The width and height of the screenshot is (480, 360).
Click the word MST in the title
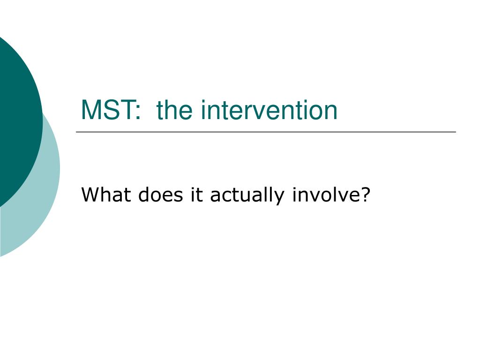pyautogui.click(x=107, y=111)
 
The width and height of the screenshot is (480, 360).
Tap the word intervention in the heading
pyautogui.click(x=269, y=111)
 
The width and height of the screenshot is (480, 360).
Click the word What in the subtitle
pyautogui.click(x=107, y=195)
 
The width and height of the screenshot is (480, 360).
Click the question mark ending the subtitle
pyautogui.click(x=365, y=195)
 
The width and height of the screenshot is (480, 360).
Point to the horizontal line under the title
pyautogui.click(x=266, y=132)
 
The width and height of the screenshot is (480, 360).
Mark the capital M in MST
pyautogui.click(x=90, y=111)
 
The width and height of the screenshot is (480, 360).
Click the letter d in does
pyautogui.click(x=144, y=195)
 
